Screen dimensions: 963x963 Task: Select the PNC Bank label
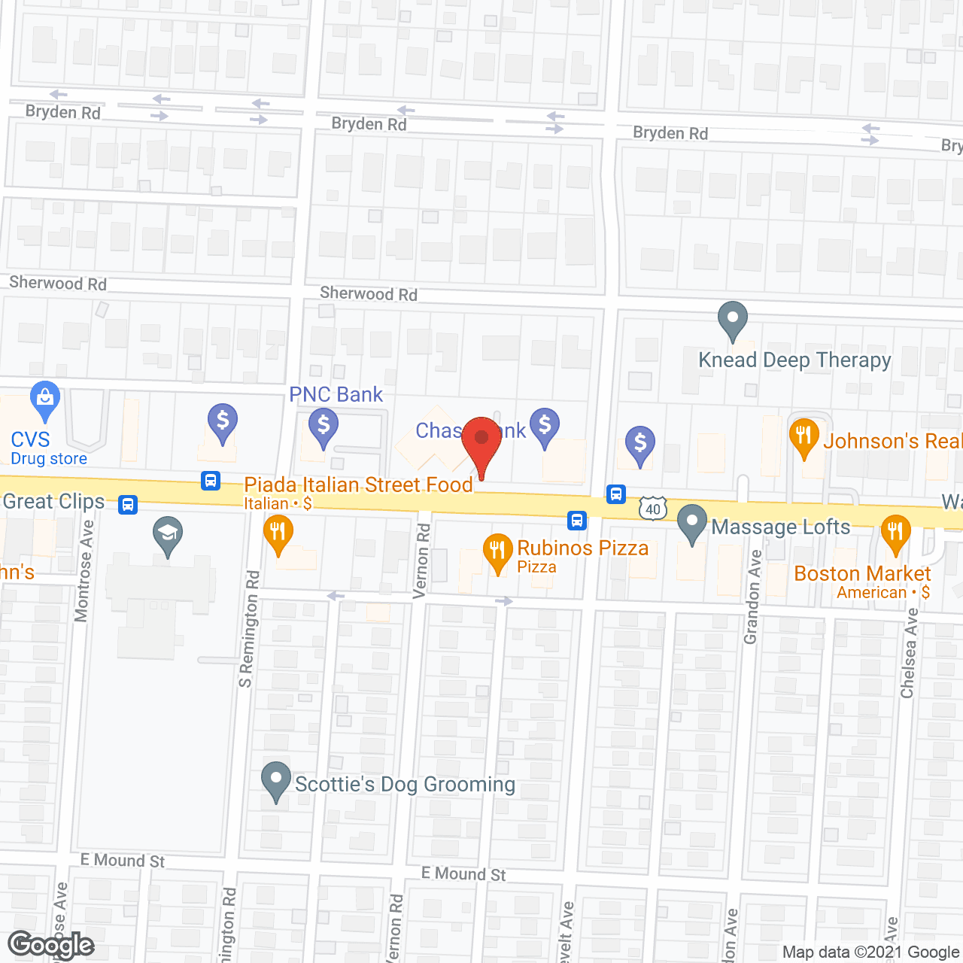tap(336, 394)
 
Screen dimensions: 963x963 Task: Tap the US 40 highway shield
tap(652, 509)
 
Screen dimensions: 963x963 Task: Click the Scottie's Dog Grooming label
tap(405, 784)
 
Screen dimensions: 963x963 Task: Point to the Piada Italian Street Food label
tap(358, 485)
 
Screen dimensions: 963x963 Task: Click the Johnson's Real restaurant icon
tap(804, 436)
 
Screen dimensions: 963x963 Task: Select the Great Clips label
tap(53, 501)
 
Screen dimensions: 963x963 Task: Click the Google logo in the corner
tap(51, 945)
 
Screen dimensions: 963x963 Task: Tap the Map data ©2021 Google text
tap(870, 952)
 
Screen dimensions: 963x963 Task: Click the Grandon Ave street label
tap(751, 597)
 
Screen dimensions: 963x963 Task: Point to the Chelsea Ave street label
tap(909, 653)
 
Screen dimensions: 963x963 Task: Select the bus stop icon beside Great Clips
tap(128, 504)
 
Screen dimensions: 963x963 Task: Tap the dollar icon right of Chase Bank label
tap(544, 426)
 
